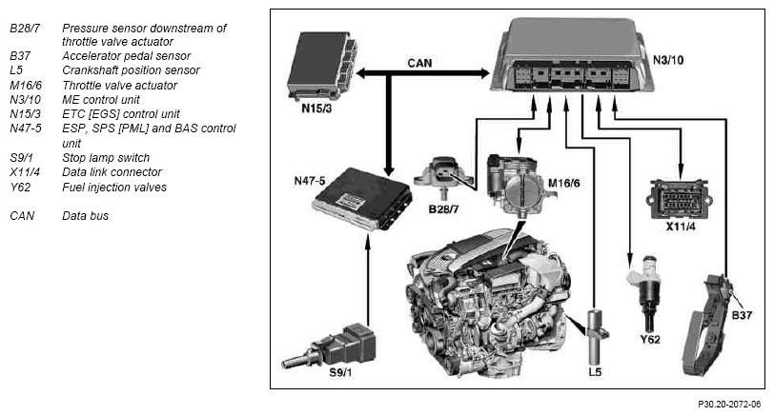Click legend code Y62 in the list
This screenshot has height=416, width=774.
21,187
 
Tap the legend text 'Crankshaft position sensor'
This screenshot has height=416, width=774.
131,69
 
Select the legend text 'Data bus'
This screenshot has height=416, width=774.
85,216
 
